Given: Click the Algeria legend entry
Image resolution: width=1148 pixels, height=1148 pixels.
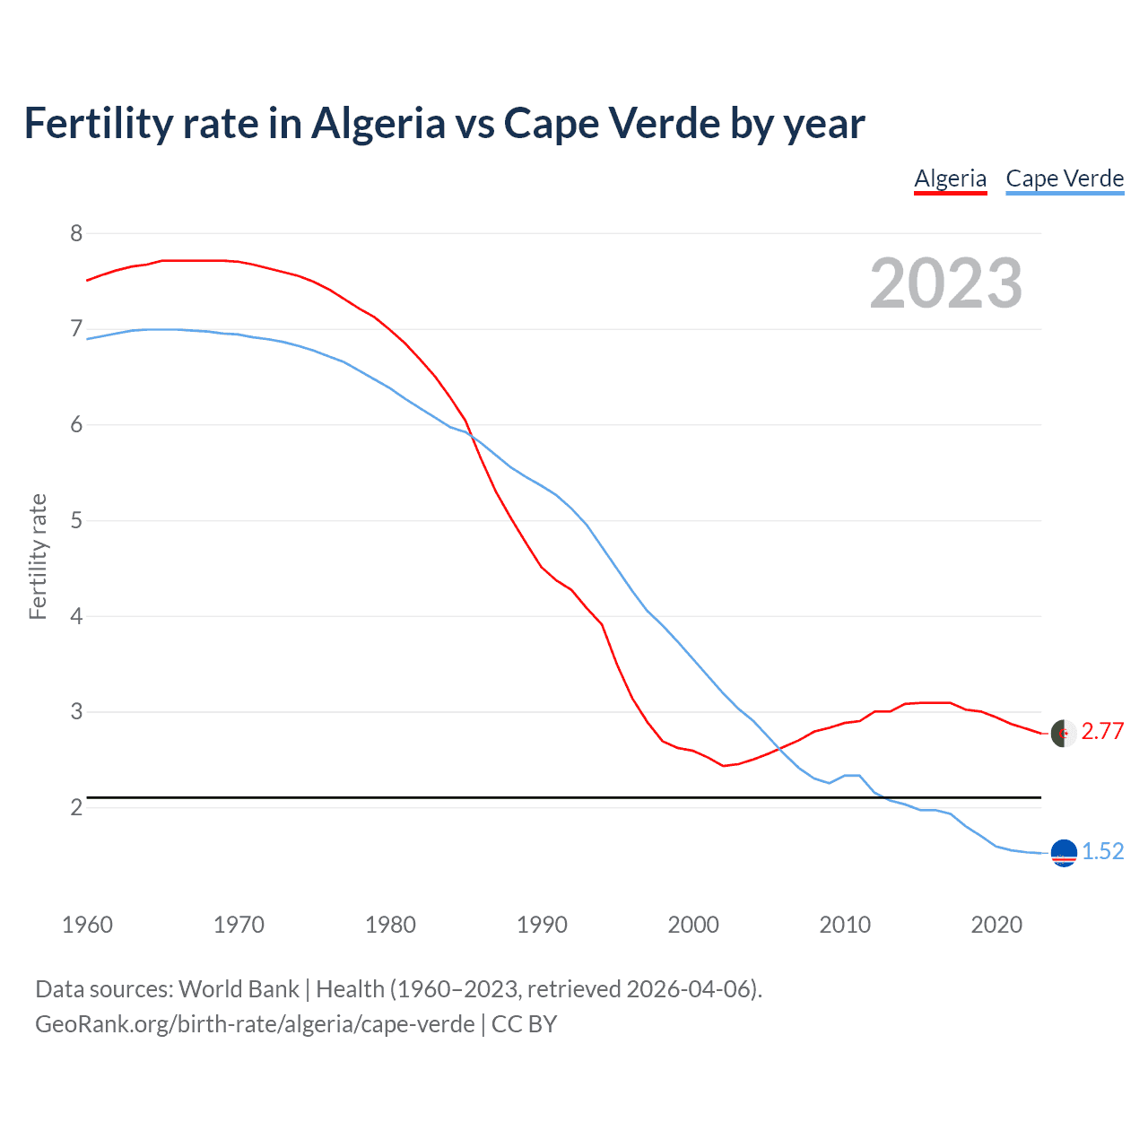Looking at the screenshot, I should point(950,178).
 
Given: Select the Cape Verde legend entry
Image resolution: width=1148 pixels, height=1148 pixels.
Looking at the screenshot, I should point(1065,178).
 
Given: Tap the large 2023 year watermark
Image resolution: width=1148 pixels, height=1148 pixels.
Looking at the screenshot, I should point(945,283).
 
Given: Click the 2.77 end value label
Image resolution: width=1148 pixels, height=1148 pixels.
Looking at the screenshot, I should point(1102,732).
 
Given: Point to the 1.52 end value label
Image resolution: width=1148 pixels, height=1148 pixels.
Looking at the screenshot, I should point(1102,852).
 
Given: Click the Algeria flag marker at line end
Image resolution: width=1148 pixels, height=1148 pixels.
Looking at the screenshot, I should point(1063,733).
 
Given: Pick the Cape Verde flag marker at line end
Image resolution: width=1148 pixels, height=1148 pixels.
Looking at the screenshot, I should point(1064,853).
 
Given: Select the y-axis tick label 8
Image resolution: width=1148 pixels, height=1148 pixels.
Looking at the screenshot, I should point(76,234).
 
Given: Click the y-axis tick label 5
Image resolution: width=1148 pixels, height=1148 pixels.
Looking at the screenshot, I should point(76,521).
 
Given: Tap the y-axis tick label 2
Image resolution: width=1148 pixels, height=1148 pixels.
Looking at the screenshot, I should point(76,808).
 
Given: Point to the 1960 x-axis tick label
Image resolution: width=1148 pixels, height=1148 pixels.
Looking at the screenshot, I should point(87,925).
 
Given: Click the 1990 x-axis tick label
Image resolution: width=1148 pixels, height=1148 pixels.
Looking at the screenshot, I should point(542,925).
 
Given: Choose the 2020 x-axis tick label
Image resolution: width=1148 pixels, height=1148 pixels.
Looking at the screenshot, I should point(996,925).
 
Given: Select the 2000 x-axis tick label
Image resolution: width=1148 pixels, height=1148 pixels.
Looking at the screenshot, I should point(693,925).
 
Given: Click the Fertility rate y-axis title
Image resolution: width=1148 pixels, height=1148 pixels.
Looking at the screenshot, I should point(38,556).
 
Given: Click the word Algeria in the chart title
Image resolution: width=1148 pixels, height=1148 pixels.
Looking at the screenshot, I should point(378,124).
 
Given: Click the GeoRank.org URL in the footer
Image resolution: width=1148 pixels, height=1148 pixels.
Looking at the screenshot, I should point(255,1024).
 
